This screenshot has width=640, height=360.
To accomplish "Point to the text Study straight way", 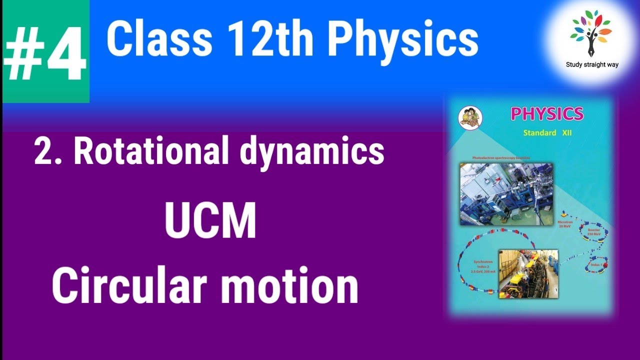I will click(x=592, y=64).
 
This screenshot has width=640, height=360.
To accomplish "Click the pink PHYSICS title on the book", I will click(x=547, y=114).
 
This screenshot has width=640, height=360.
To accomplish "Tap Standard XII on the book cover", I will click(x=547, y=133).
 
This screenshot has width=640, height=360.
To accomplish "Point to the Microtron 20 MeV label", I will click(x=564, y=223).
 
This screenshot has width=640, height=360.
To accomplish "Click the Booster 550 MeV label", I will click(x=593, y=232).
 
